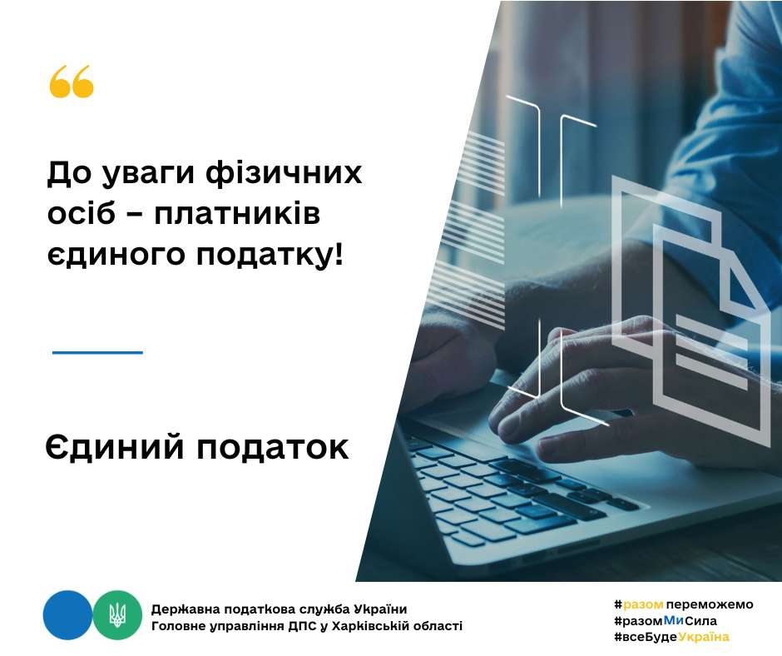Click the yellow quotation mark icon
[72, 82]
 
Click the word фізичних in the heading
[284, 174]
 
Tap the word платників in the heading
[236, 215]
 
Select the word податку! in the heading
[270, 255]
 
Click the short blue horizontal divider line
[98, 352]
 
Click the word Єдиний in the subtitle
[115, 447]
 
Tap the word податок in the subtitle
[272, 448]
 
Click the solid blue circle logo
[68, 615]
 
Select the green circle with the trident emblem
[117, 615]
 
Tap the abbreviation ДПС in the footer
[302, 626]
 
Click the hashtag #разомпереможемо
[684, 604]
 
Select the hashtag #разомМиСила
[666, 621]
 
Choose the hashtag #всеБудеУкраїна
[672, 637]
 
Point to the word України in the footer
[380, 609]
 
